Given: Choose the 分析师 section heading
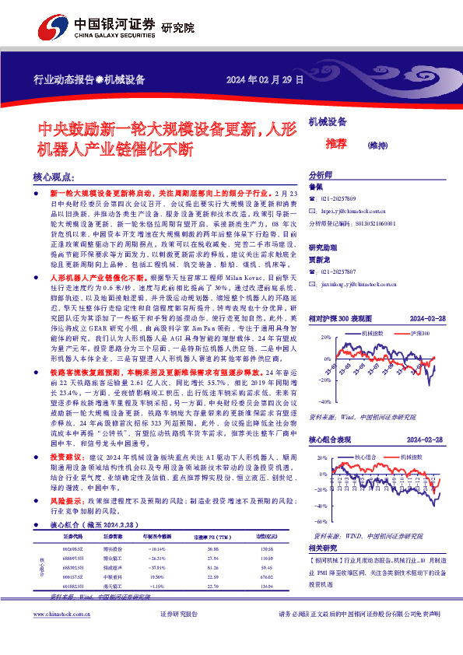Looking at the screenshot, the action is click(321, 175).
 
